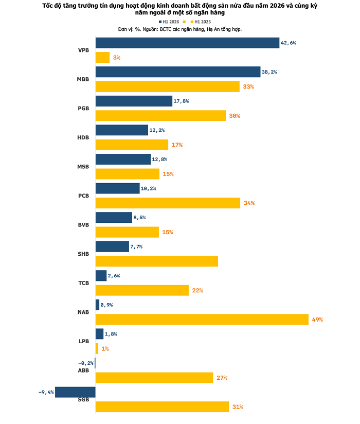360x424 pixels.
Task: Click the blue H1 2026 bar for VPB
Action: [187, 43]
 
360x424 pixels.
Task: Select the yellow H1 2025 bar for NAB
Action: [202, 320]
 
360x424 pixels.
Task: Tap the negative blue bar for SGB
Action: [75, 392]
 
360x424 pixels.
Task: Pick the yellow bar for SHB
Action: [157, 261]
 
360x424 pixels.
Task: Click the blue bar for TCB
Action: [101, 275]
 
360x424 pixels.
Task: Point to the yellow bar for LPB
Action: [97, 348]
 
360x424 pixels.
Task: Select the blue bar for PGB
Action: [134, 101]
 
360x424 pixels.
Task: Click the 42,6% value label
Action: [289, 43]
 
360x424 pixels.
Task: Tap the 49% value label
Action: [317, 320]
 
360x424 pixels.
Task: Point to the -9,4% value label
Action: [46, 392]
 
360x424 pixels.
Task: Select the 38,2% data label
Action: [269, 72]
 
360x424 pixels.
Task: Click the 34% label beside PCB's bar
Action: [249, 203]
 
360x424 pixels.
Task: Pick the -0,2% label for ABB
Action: [86, 363]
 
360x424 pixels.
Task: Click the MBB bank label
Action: [83, 79]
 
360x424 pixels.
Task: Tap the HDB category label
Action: [83, 137]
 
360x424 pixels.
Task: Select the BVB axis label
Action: [83, 225]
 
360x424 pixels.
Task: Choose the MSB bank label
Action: [83, 167]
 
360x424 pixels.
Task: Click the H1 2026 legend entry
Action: [169, 22]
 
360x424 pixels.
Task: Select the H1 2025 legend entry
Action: [201, 22]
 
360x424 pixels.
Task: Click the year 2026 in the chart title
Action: [277, 6]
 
